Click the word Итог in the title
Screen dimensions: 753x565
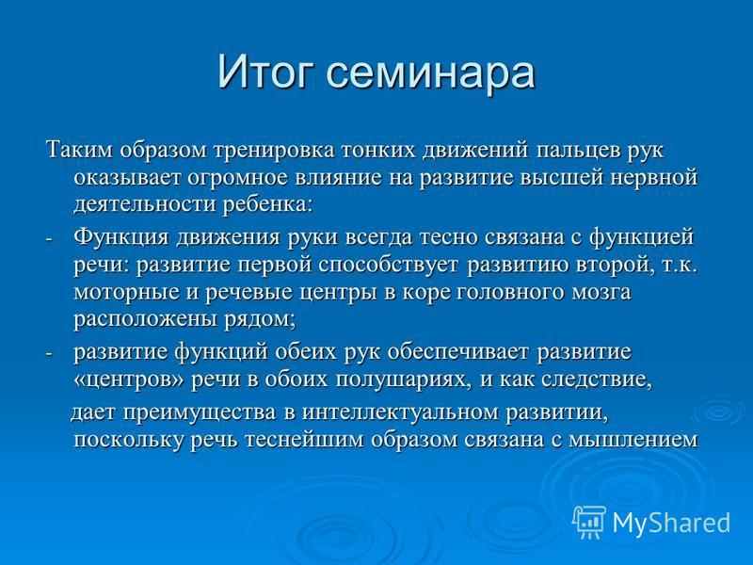point(263,73)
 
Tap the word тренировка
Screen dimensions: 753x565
point(274,151)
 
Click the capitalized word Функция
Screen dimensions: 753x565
point(121,238)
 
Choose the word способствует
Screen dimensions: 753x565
point(388,266)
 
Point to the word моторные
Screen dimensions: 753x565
point(127,293)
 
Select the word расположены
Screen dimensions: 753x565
point(147,320)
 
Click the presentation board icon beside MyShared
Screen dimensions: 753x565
point(589,522)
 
